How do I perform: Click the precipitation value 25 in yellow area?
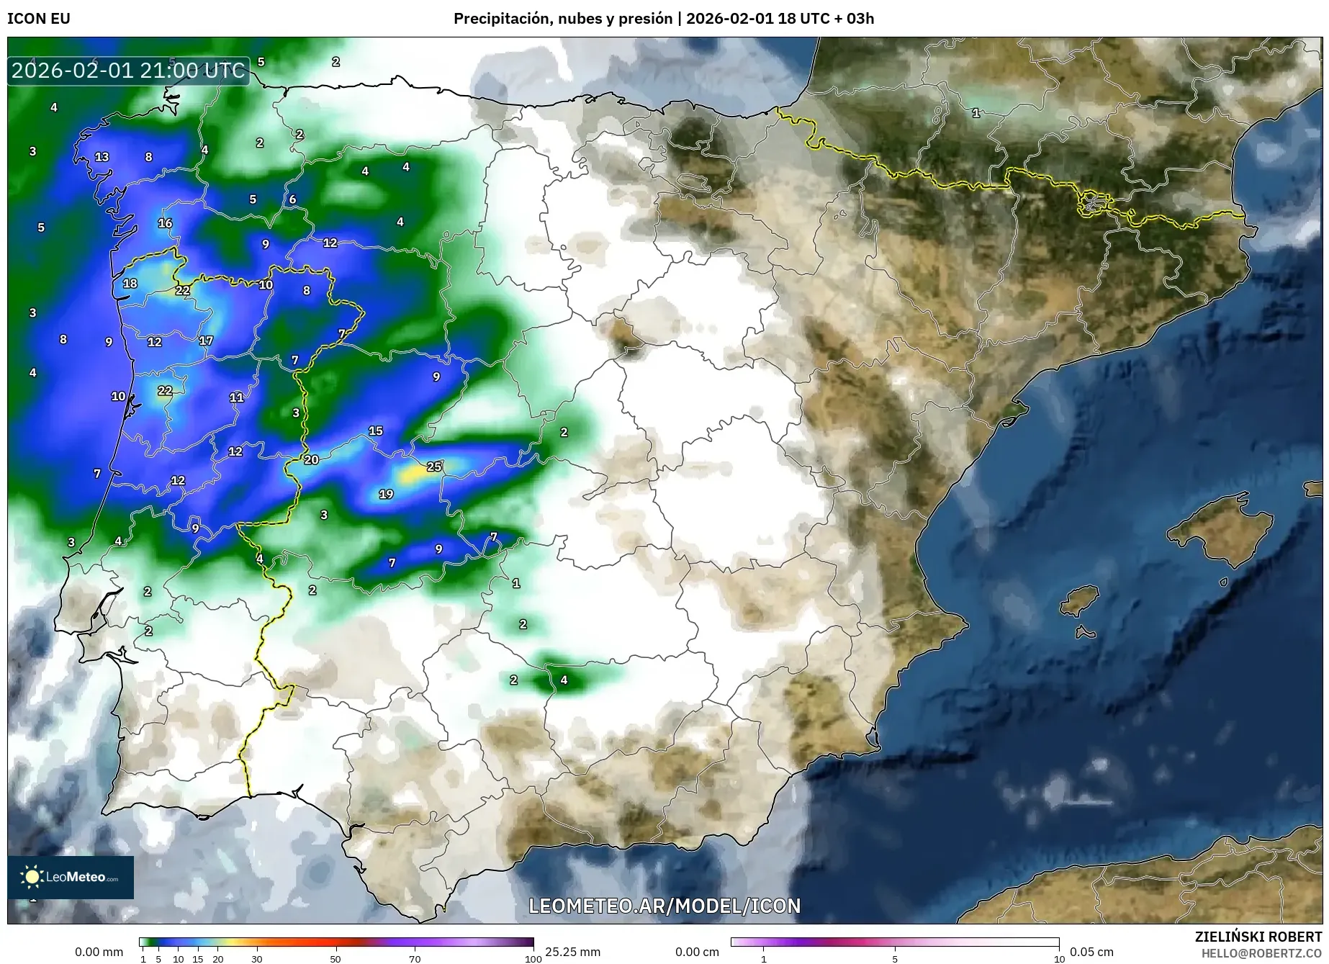click(x=433, y=467)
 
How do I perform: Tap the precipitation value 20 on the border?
click(x=311, y=459)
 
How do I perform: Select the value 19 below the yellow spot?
click(x=386, y=494)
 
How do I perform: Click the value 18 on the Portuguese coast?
click(x=130, y=283)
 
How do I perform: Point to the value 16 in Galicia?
click(x=165, y=223)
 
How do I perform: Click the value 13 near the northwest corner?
click(x=102, y=156)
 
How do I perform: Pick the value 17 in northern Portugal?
click(x=206, y=341)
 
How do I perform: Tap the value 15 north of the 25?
click(x=375, y=431)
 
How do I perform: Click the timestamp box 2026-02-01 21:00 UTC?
click(x=128, y=71)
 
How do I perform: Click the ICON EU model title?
click(x=39, y=19)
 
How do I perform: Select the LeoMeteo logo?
click(x=70, y=877)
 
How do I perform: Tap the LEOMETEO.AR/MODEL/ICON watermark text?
click(x=664, y=906)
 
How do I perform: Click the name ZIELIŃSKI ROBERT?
click(x=1258, y=937)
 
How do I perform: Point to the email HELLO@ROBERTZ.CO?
click(x=1261, y=952)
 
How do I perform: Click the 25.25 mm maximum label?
click(x=572, y=952)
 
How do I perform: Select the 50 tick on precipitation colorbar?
click(x=335, y=959)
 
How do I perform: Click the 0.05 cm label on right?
click(x=1091, y=952)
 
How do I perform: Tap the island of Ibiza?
click(x=1080, y=599)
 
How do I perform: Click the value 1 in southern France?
click(x=976, y=113)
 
